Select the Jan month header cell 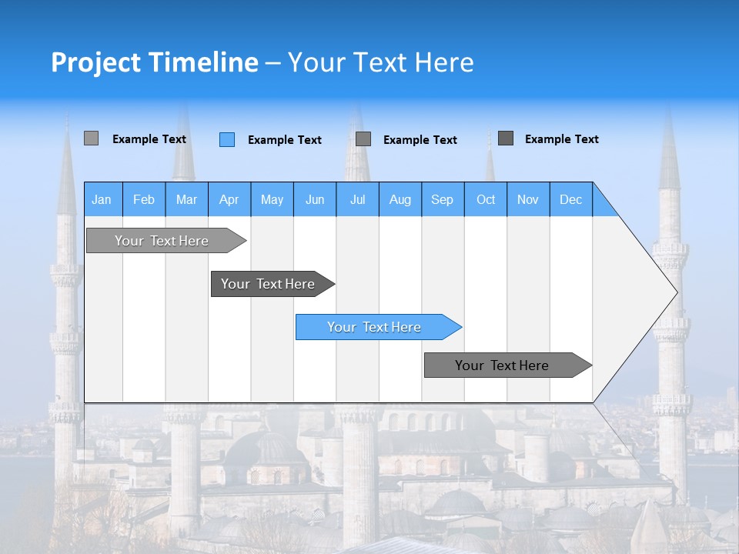pyautogui.click(x=102, y=199)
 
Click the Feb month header pyautogui.click(x=144, y=199)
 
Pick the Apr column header pyautogui.click(x=229, y=199)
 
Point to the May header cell pyautogui.click(x=272, y=199)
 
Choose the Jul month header pyautogui.click(x=357, y=199)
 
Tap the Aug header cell pyautogui.click(x=400, y=199)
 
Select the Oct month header pyautogui.click(x=486, y=199)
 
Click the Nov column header pyautogui.click(x=528, y=199)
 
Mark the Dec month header pyautogui.click(x=571, y=199)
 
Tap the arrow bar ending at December pyautogui.click(x=505, y=365)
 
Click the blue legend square pyautogui.click(x=227, y=139)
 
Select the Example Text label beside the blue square pyautogui.click(x=285, y=140)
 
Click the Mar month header pyautogui.click(x=186, y=199)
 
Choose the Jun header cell pyautogui.click(x=315, y=199)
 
